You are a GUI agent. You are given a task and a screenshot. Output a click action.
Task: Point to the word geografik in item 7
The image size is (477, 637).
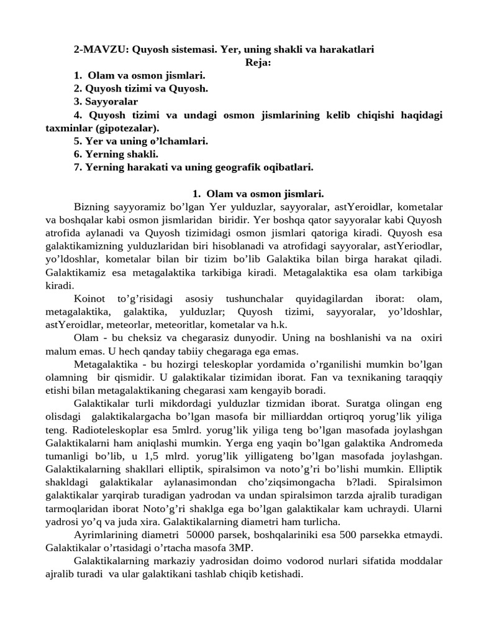[237, 167]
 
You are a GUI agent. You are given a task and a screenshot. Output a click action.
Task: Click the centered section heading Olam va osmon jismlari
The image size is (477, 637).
[261, 194]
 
